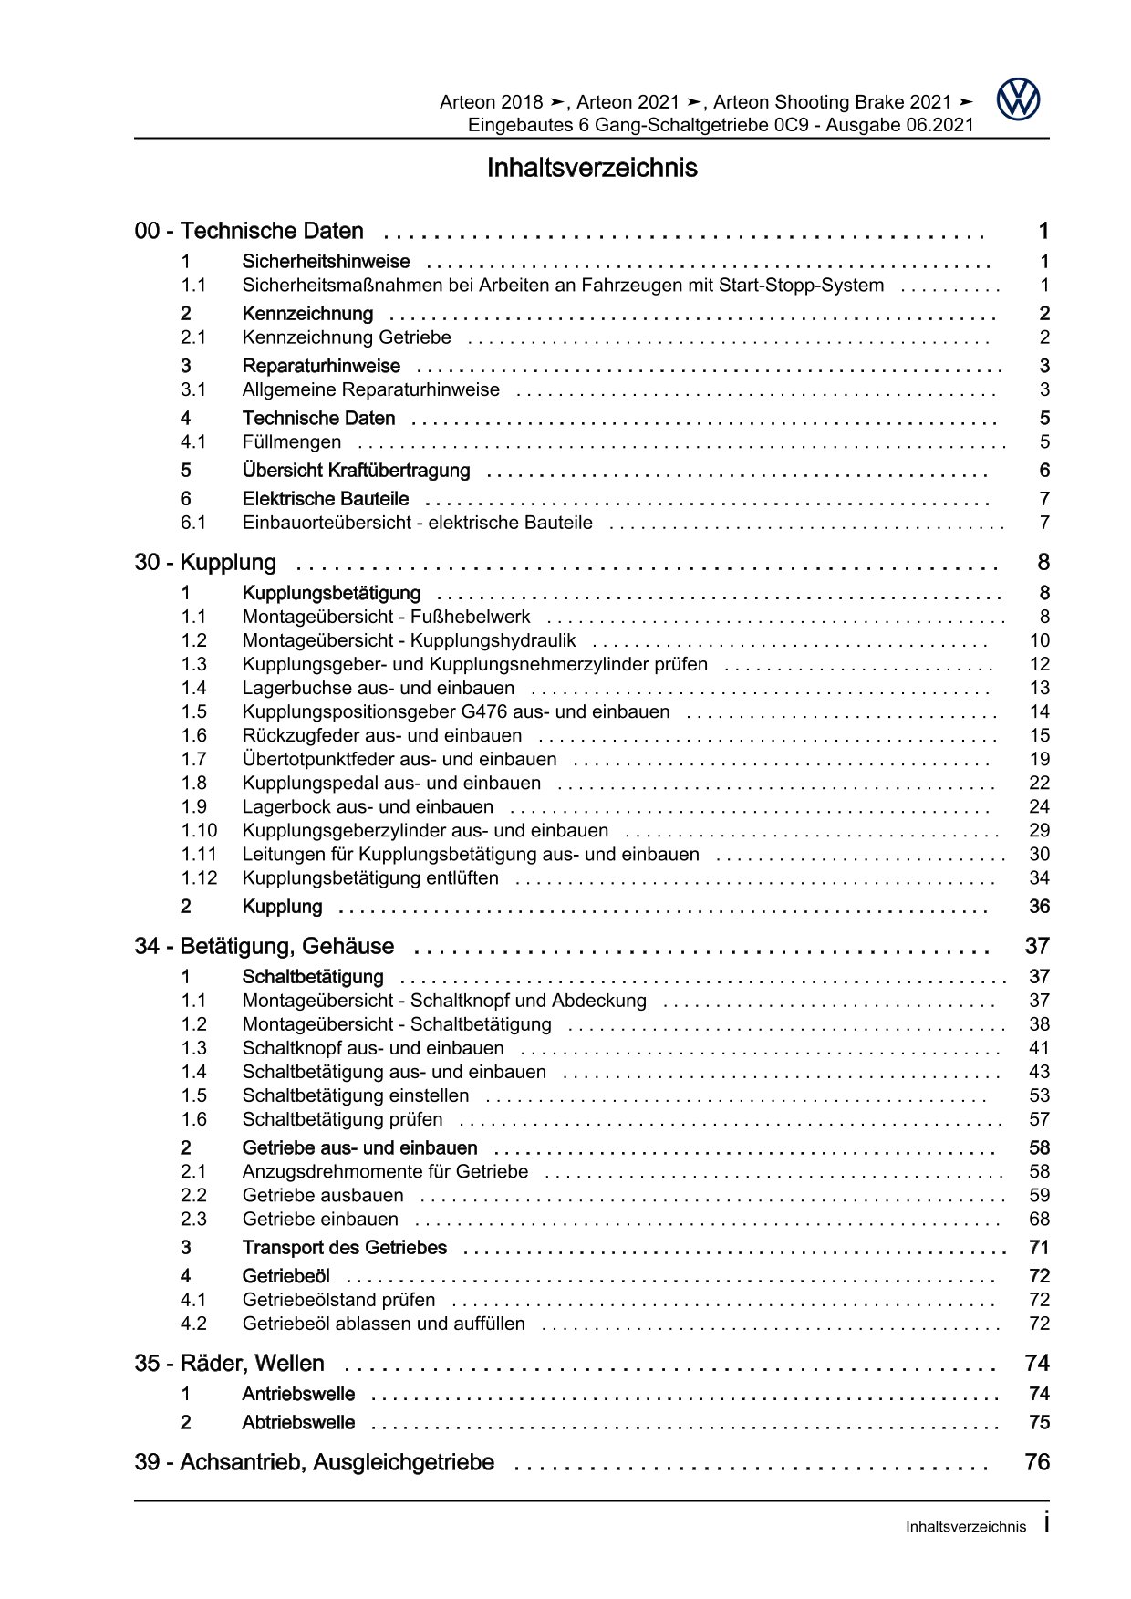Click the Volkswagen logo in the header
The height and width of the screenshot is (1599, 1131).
pyautogui.click(x=1018, y=99)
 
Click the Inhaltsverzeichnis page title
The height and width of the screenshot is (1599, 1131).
pyautogui.click(x=592, y=169)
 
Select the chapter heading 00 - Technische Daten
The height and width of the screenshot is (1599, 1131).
pyautogui.click(x=249, y=232)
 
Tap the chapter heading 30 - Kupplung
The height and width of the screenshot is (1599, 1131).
pyautogui.click(x=205, y=563)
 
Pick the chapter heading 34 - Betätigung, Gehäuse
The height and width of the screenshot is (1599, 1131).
pyautogui.click(x=265, y=947)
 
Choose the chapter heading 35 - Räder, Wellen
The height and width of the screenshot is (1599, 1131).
pyautogui.click(x=229, y=1364)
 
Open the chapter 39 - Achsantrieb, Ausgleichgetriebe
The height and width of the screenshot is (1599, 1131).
pyautogui.click(x=314, y=1463)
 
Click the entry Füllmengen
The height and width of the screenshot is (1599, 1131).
pyautogui.click(x=292, y=442)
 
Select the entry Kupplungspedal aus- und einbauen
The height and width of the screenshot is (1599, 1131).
pyautogui.click(x=391, y=784)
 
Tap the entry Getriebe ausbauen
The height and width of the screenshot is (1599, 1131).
pyautogui.click(x=323, y=1196)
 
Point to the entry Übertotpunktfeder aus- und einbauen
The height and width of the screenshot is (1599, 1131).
pyautogui.click(x=399, y=760)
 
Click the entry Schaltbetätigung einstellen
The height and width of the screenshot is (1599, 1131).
pyautogui.click(x=356, y=1096)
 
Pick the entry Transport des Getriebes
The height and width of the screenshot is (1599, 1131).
pyautogui.click(x=345, y=1248)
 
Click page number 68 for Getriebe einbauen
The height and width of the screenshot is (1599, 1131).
pyautogui.click(x=1039, y=1220)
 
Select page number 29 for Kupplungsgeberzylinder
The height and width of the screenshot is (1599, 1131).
pyautogui.click(x=1039, y=831)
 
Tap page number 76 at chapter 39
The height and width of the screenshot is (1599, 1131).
pyautogui.click(x=1037, y=1463)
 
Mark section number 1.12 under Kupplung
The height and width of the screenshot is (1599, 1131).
pyautogui.click(x=199, y=878)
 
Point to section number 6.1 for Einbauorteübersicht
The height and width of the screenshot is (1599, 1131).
pyautogui.click(x=193, y=524)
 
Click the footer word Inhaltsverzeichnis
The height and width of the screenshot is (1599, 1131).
pyautogui.click(x=966, y=1527)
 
